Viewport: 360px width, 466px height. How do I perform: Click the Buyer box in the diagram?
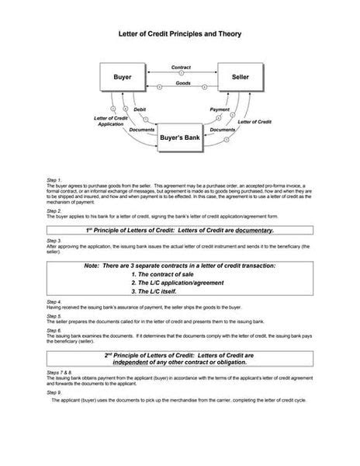point(122,78)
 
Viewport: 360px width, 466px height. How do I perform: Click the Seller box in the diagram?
point(241,78)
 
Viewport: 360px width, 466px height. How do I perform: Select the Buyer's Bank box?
point(181,137)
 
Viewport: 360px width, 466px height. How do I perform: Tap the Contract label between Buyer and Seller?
point(181,68)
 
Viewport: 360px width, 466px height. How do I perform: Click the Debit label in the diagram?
point(140,110)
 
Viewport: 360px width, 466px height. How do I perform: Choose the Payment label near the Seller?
point(220,110)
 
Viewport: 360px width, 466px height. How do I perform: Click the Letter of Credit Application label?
point(109,122)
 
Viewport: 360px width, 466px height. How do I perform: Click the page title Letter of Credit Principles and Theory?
point(180,34)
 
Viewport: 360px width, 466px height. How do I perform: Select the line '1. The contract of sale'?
point(167,274)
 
